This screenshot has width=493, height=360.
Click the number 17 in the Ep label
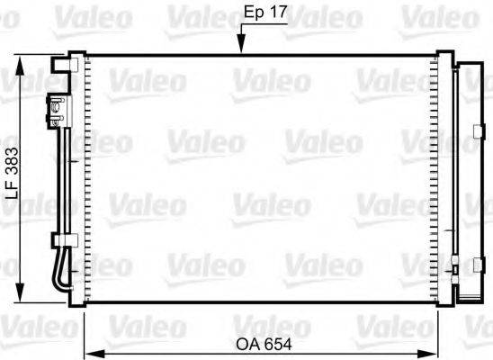[277, 13]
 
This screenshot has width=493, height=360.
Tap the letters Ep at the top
[255, 13]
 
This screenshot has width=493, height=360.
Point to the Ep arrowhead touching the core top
[239, 49]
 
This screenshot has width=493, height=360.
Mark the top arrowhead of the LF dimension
[22, 60]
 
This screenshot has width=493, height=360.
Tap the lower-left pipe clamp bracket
[61, 240]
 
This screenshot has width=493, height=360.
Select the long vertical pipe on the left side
[65, 180]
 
